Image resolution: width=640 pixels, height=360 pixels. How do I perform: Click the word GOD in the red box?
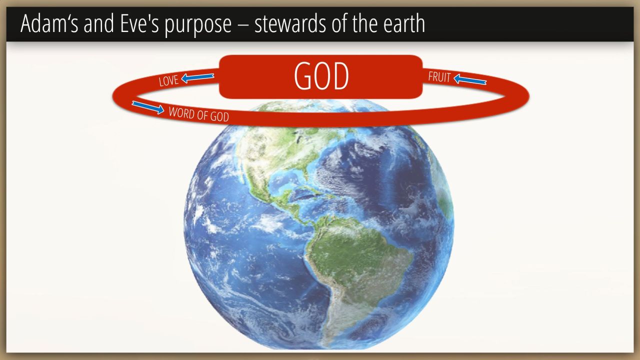(x=321, y=76)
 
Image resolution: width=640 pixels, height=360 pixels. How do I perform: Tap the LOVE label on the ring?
(x=168, y=80)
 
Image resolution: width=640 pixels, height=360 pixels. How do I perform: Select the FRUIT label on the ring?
(x=439, y=77)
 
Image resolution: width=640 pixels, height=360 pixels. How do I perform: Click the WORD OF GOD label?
(x=199, y=114)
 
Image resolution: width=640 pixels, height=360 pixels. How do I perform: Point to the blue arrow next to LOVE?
(x=197, y=77)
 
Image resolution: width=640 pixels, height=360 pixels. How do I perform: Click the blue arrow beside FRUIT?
(x=470, y=79)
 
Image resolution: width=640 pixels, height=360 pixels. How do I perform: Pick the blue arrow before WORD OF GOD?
(x=148, y=107)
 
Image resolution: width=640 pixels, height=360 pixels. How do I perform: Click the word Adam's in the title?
(x=49, y=23)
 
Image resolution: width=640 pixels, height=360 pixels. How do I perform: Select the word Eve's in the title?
(x=139, y=23)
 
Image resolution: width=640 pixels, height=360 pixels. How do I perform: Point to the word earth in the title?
(x=404, y=23)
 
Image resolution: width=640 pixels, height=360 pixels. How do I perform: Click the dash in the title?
(x=243, y=25)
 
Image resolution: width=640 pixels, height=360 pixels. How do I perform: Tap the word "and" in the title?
(x=99, y=23)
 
